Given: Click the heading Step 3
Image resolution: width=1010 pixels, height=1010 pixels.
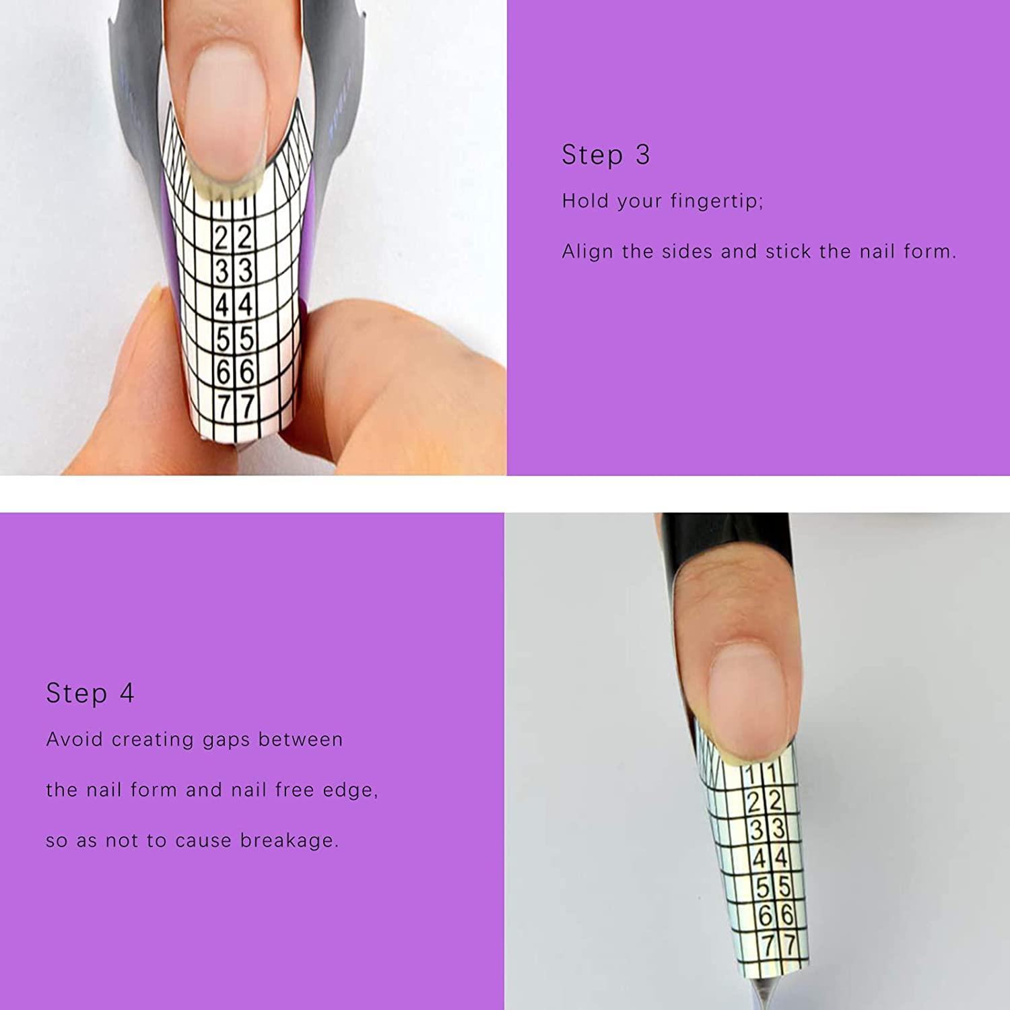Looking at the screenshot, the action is click(x=606, y=155).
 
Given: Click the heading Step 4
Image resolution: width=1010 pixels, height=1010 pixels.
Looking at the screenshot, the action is click(x=90, y=693).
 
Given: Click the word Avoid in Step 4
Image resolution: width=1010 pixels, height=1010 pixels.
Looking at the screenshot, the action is click(x=75, y=739).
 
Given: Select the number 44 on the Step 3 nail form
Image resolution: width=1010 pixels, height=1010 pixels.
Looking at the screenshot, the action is click(x=234, y=304).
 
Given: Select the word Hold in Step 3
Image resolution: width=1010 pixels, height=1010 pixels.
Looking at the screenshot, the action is click(x=586, y=201).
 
